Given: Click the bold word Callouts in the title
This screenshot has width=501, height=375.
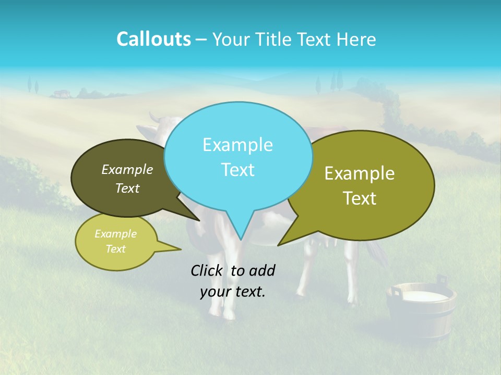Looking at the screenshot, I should tap(153, 39).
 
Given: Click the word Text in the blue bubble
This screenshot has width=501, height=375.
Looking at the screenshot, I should tap(238, 170).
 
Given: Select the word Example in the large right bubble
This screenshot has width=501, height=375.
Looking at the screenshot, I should tap(360, 173).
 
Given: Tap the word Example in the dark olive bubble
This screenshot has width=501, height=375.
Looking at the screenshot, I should tap(127, 169).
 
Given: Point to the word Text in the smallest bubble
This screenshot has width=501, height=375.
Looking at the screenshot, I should tap(115, 249).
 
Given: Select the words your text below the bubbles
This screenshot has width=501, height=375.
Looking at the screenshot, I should tap(233, 292).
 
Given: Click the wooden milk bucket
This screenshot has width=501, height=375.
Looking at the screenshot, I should tap(421, 312).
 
